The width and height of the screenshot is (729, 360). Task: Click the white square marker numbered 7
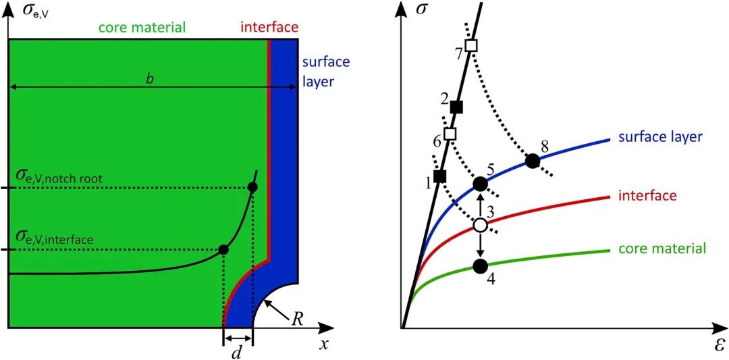[x=471, y=46]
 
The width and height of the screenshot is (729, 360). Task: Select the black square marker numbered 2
[x=456, y=106]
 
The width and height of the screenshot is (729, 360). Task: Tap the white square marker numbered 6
[x=450, y=134]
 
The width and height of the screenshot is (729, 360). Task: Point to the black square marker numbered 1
[x=440, y=176]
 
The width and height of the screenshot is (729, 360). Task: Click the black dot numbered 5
[x=480, y=183]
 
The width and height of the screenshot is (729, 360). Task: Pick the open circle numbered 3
[x=480, y=225]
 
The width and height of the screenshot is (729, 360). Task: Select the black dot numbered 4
[x=480, y=266]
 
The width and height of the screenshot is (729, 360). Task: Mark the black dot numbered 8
[x=533, y=161]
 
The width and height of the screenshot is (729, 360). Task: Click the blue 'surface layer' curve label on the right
[x=661, y=137]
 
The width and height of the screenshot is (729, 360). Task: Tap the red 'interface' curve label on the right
[x=647, y=196]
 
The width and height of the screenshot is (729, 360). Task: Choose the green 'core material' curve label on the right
[x=661, y=249]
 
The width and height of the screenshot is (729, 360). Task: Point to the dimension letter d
[x=236, y=349]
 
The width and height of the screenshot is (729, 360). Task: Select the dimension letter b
[x=150, y=78]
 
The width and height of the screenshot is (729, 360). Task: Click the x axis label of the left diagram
[x=323, y=345]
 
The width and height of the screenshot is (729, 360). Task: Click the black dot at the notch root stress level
[x=252, y=187]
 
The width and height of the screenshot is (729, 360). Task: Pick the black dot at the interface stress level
[x=223, y=250]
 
